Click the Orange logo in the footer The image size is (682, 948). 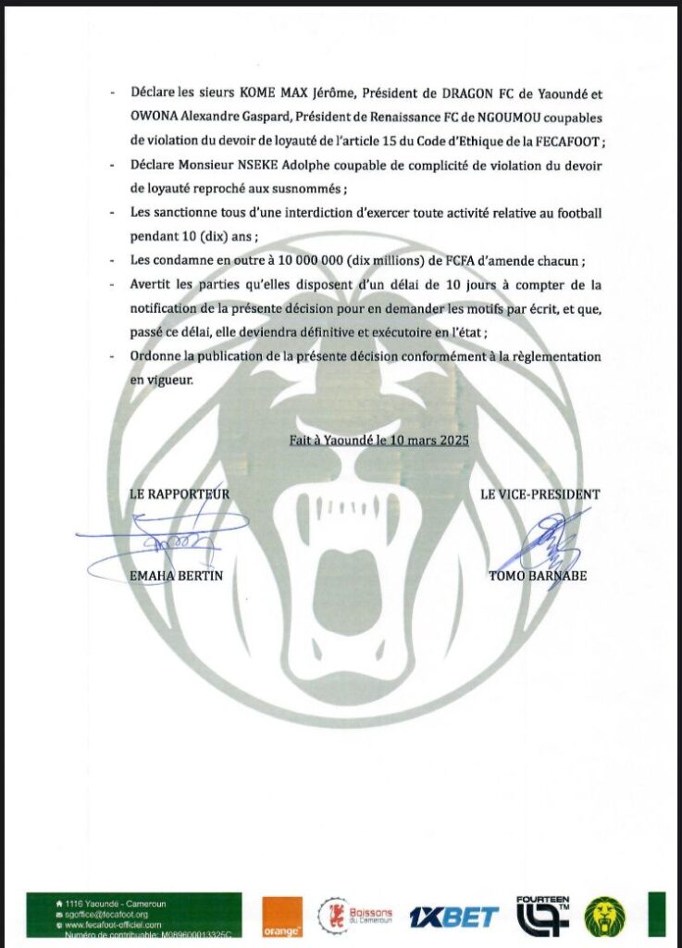pos(282,916)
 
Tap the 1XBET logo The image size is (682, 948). pos(453,917)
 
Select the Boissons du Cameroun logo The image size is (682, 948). pos(356,916)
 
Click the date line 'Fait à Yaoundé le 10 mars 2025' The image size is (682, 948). pos(378,441)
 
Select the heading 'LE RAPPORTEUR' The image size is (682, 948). pos(180,494)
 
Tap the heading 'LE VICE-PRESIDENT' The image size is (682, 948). pos(539,494)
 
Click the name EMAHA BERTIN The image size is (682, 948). pos(177,576)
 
